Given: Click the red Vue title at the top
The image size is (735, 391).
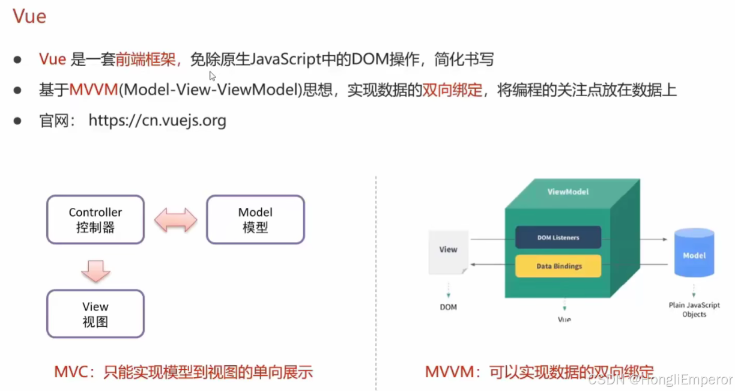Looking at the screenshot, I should pos(29,16).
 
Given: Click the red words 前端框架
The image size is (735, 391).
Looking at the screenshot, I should pos(145,59).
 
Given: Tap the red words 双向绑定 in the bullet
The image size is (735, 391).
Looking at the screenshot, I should pos(453,90).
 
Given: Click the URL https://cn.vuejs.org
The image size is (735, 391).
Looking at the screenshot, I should pos(157,121).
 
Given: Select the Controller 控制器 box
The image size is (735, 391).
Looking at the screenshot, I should pos(95,219).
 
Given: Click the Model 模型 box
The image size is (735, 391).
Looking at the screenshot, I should pos(255,219).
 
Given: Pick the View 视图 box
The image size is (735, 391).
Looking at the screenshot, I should pos(95,314).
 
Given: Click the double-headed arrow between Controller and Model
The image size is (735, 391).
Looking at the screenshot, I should pos(175,220).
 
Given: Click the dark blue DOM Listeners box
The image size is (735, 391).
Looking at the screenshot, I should pos(558,237).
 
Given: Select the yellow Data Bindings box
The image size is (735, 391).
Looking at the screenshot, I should pos(558,265).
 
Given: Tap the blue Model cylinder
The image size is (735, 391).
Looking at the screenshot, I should pos(694,253).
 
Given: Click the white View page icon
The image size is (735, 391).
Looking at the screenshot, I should pos(448,252).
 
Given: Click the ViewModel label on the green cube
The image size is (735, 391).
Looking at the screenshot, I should pos(568,192).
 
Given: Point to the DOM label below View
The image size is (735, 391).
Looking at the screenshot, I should pos(448,307).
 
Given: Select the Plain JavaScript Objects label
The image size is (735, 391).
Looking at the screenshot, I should pos(694,309).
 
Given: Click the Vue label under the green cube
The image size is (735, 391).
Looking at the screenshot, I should pos(564,319).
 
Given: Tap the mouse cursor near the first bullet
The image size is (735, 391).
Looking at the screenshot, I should pos(212,75).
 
